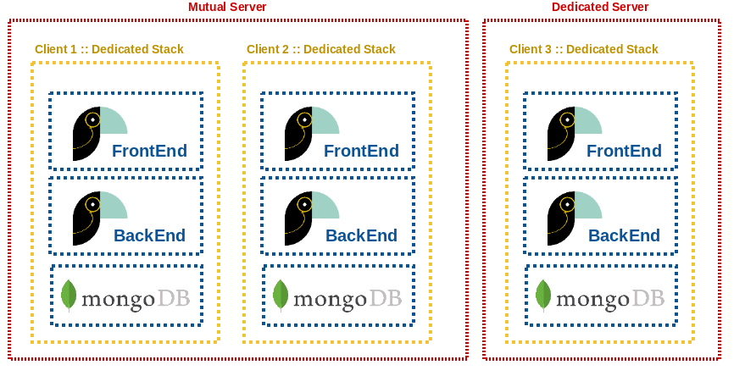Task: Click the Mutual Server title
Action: tap(227, 8)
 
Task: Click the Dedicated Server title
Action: tap(600, 8)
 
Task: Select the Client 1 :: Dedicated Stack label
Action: tap(109, 49)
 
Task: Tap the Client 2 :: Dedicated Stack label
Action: tap(321, 49)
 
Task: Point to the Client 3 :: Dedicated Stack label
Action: tap(584, 49)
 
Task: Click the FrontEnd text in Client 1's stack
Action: tap(149, 152)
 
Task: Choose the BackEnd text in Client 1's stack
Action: tap(149, 236)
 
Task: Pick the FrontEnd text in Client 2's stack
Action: tap(361, 152)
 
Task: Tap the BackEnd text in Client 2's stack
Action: tap(361, 236)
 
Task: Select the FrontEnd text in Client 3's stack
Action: tap(624, 152)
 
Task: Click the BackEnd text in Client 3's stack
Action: tap(624, 236)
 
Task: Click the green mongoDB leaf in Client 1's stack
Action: tap(69, 295)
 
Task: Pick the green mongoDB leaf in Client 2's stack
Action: tap(281, 295)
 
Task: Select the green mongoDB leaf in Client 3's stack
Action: tap(543, 295)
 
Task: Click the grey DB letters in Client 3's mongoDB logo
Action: tap(648, 299)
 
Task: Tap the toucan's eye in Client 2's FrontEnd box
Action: tap(304, 119)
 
